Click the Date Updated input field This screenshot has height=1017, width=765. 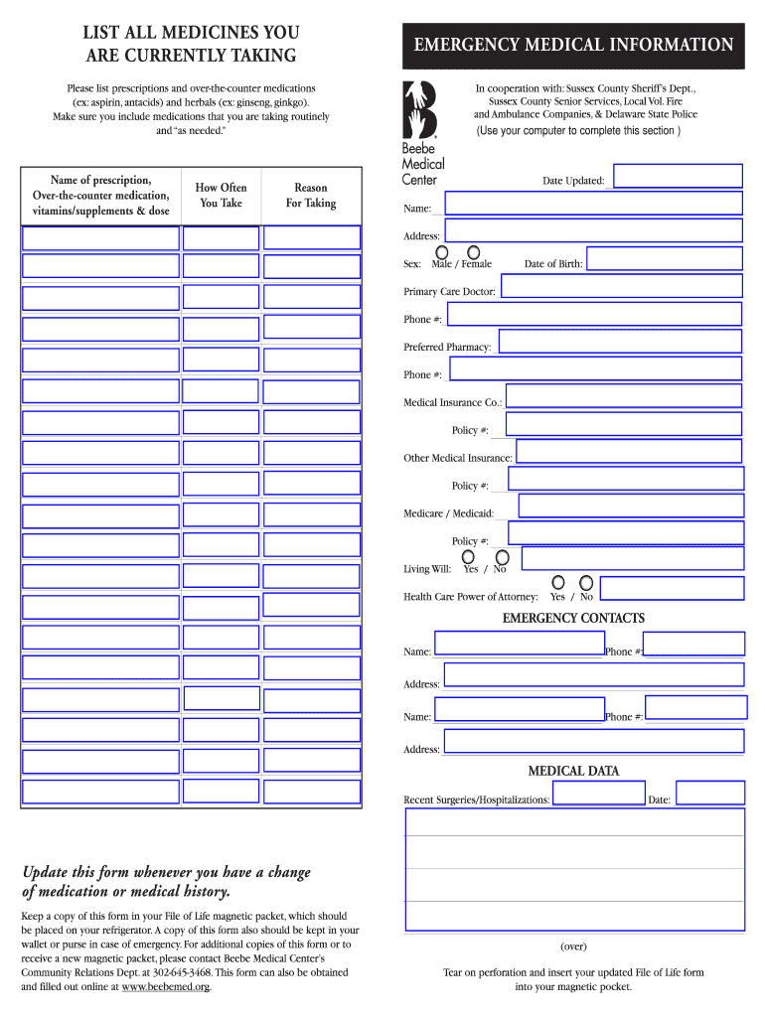(x=678, y=176)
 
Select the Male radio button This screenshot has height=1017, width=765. (x=440, y=252)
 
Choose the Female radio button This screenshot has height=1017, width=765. (x=474, y=252)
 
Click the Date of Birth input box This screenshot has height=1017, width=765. (x=664, y=258)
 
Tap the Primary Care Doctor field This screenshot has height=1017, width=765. (x=621, y=286)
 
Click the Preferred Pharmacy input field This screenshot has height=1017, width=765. (x=620, y=342)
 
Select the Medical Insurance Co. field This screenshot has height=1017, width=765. (x=624, y=396)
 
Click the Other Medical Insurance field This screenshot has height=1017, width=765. (x=629, y=452)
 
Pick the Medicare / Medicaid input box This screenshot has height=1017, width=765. (x=630, y=507)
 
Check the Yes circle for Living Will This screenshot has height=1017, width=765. (x=470, y=557)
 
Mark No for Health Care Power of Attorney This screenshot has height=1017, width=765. (x=587, y=583)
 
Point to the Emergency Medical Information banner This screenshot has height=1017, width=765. (x=573, y=46)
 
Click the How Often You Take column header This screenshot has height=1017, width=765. (x=221, y=196)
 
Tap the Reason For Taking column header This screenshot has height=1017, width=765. (x=311, y=196)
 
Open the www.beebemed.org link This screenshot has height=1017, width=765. (x=165, y=987)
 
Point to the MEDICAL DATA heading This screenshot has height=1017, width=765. (x=573, y=772)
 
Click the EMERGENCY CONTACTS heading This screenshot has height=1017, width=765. (x=573, y=619)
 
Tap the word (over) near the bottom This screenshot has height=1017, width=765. (x=573, y=946)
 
